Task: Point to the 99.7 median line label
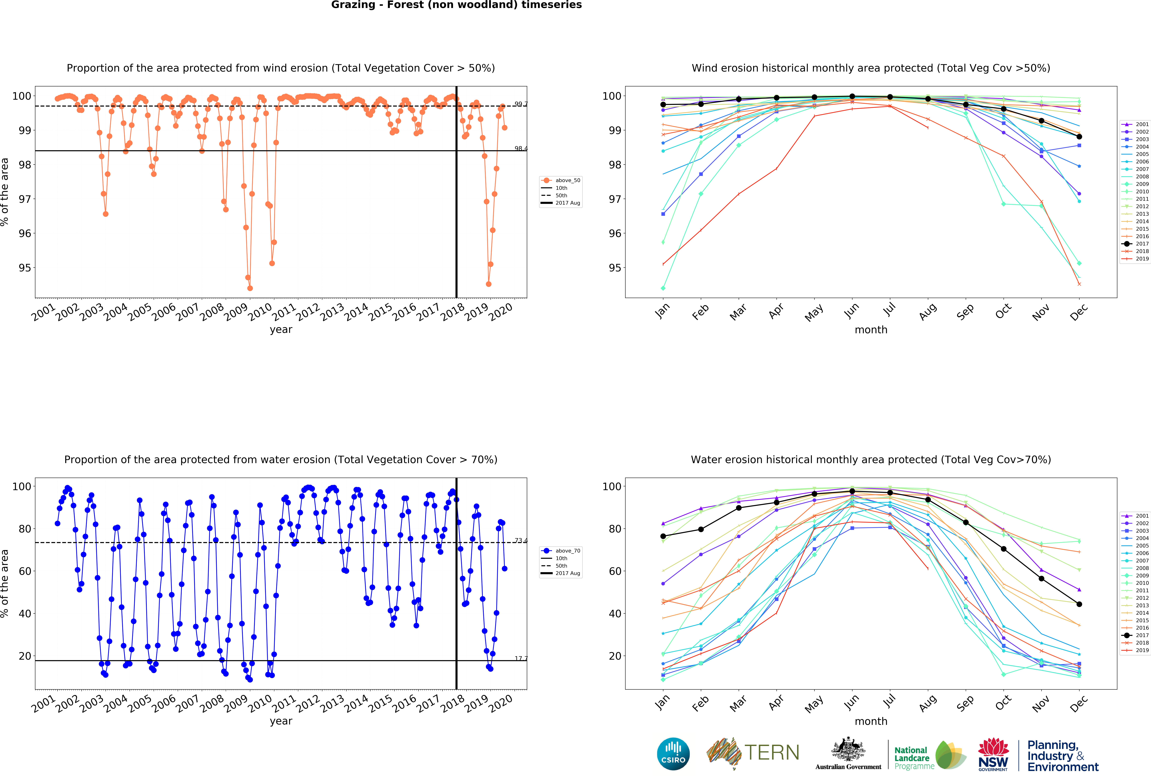[521, 104]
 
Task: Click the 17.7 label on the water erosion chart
[521, 658]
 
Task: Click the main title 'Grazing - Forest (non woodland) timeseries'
[456, 5]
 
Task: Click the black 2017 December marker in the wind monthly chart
[1079, 137]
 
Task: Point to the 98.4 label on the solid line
[521, 149]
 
